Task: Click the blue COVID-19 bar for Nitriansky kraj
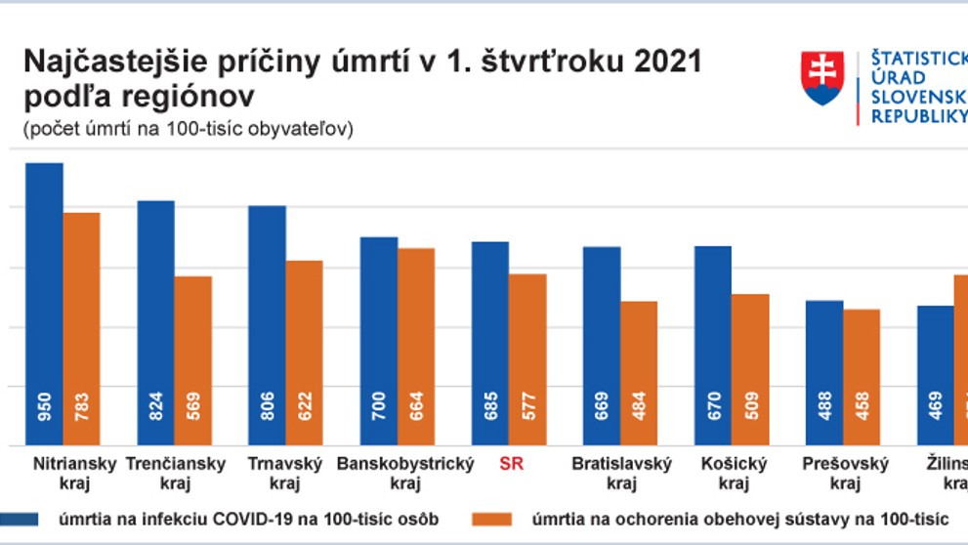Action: point(44,303)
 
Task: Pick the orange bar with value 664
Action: point(416,346)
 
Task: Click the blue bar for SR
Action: point(490,342)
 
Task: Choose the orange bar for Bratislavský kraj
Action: point(639,372)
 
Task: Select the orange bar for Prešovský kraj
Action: point(862,377)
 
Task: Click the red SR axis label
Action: point(511,464)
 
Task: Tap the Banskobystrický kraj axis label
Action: point(404,473)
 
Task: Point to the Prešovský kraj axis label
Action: point(844,473)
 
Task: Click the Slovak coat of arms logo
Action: point(822,79)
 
